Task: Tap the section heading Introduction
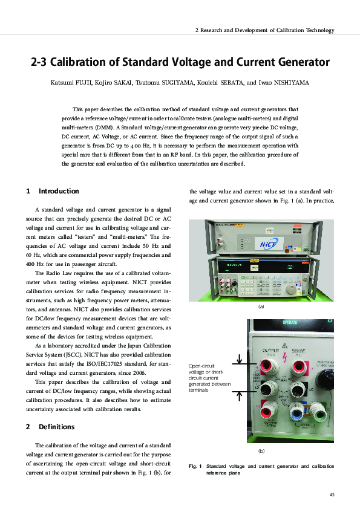point(59,191)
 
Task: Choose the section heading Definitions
point(57,426)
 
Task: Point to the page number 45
point(330,494)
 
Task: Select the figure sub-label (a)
point(261,307)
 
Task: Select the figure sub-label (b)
point(261,451)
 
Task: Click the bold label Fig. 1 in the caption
point(195,467)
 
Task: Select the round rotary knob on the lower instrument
point(328,381)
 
